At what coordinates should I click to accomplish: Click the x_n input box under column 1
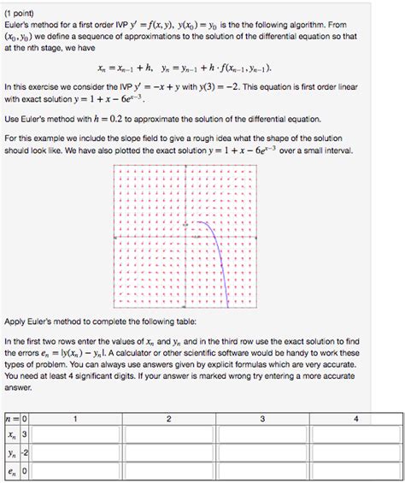click(76, 435)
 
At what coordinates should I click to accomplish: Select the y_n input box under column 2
click(169, 453)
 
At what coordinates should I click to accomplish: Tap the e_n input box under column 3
click(262, 471)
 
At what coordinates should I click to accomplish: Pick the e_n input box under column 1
click(76, 471)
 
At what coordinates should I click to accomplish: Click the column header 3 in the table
click(262, 418)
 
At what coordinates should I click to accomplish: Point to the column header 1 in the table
click(76, 418)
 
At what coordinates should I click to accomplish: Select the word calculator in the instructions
click(223, 353)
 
